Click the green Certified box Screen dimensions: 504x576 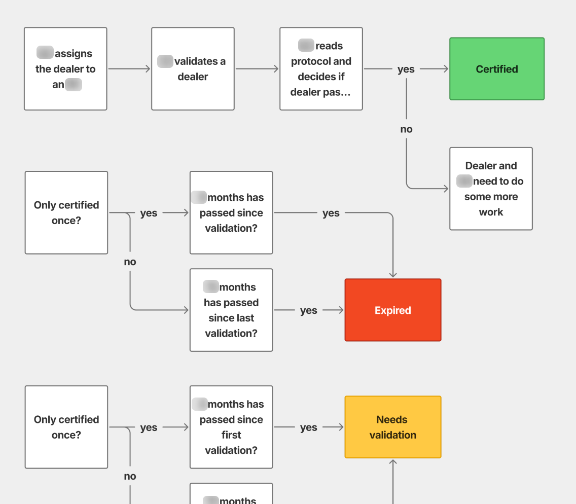(497, 69)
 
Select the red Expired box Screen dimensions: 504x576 (393, 310)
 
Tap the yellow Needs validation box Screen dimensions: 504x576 (393, 427)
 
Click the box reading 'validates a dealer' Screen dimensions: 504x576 (193, 69)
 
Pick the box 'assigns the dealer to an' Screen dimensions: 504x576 (65, 69)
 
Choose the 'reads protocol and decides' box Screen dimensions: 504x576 (321, 69)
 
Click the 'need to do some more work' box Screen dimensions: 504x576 (491, 189)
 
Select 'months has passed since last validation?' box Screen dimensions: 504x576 (231, 310)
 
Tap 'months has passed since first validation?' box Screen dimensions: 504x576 (231, 427)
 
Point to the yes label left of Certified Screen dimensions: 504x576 (406, 69)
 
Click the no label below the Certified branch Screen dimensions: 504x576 (406, 129)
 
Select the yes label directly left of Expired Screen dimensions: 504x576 (308, 310)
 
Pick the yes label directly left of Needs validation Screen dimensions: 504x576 (308, 427)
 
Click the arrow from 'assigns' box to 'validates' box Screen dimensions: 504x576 (129, 69)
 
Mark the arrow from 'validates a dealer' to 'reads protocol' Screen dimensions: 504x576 (257, 69)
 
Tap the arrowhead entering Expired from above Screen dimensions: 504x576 (393, 274)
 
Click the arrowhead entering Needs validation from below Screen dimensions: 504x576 (393, 462)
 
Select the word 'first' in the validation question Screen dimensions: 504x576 (231, 435)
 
